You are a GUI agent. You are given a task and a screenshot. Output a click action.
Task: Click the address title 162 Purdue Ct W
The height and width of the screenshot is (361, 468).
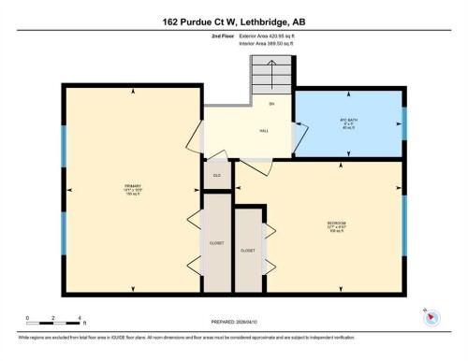point(233,21)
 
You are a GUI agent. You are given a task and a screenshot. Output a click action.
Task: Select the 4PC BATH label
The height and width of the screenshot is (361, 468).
point(349,123)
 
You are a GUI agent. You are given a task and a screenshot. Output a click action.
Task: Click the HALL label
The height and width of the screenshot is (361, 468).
point(265,132)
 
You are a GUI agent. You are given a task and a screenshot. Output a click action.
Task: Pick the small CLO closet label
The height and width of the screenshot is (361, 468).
point(216,175)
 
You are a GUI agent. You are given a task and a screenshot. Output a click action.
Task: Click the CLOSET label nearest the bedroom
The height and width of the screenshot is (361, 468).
point(248,251)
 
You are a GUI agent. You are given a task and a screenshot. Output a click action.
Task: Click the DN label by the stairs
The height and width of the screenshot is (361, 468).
point(271,102)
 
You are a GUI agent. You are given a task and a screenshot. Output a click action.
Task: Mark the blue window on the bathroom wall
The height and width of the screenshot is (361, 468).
point(405,123)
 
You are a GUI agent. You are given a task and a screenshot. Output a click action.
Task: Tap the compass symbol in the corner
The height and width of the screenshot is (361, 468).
point(431,317)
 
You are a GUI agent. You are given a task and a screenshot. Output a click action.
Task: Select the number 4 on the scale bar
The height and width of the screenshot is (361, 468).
point(80,319)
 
